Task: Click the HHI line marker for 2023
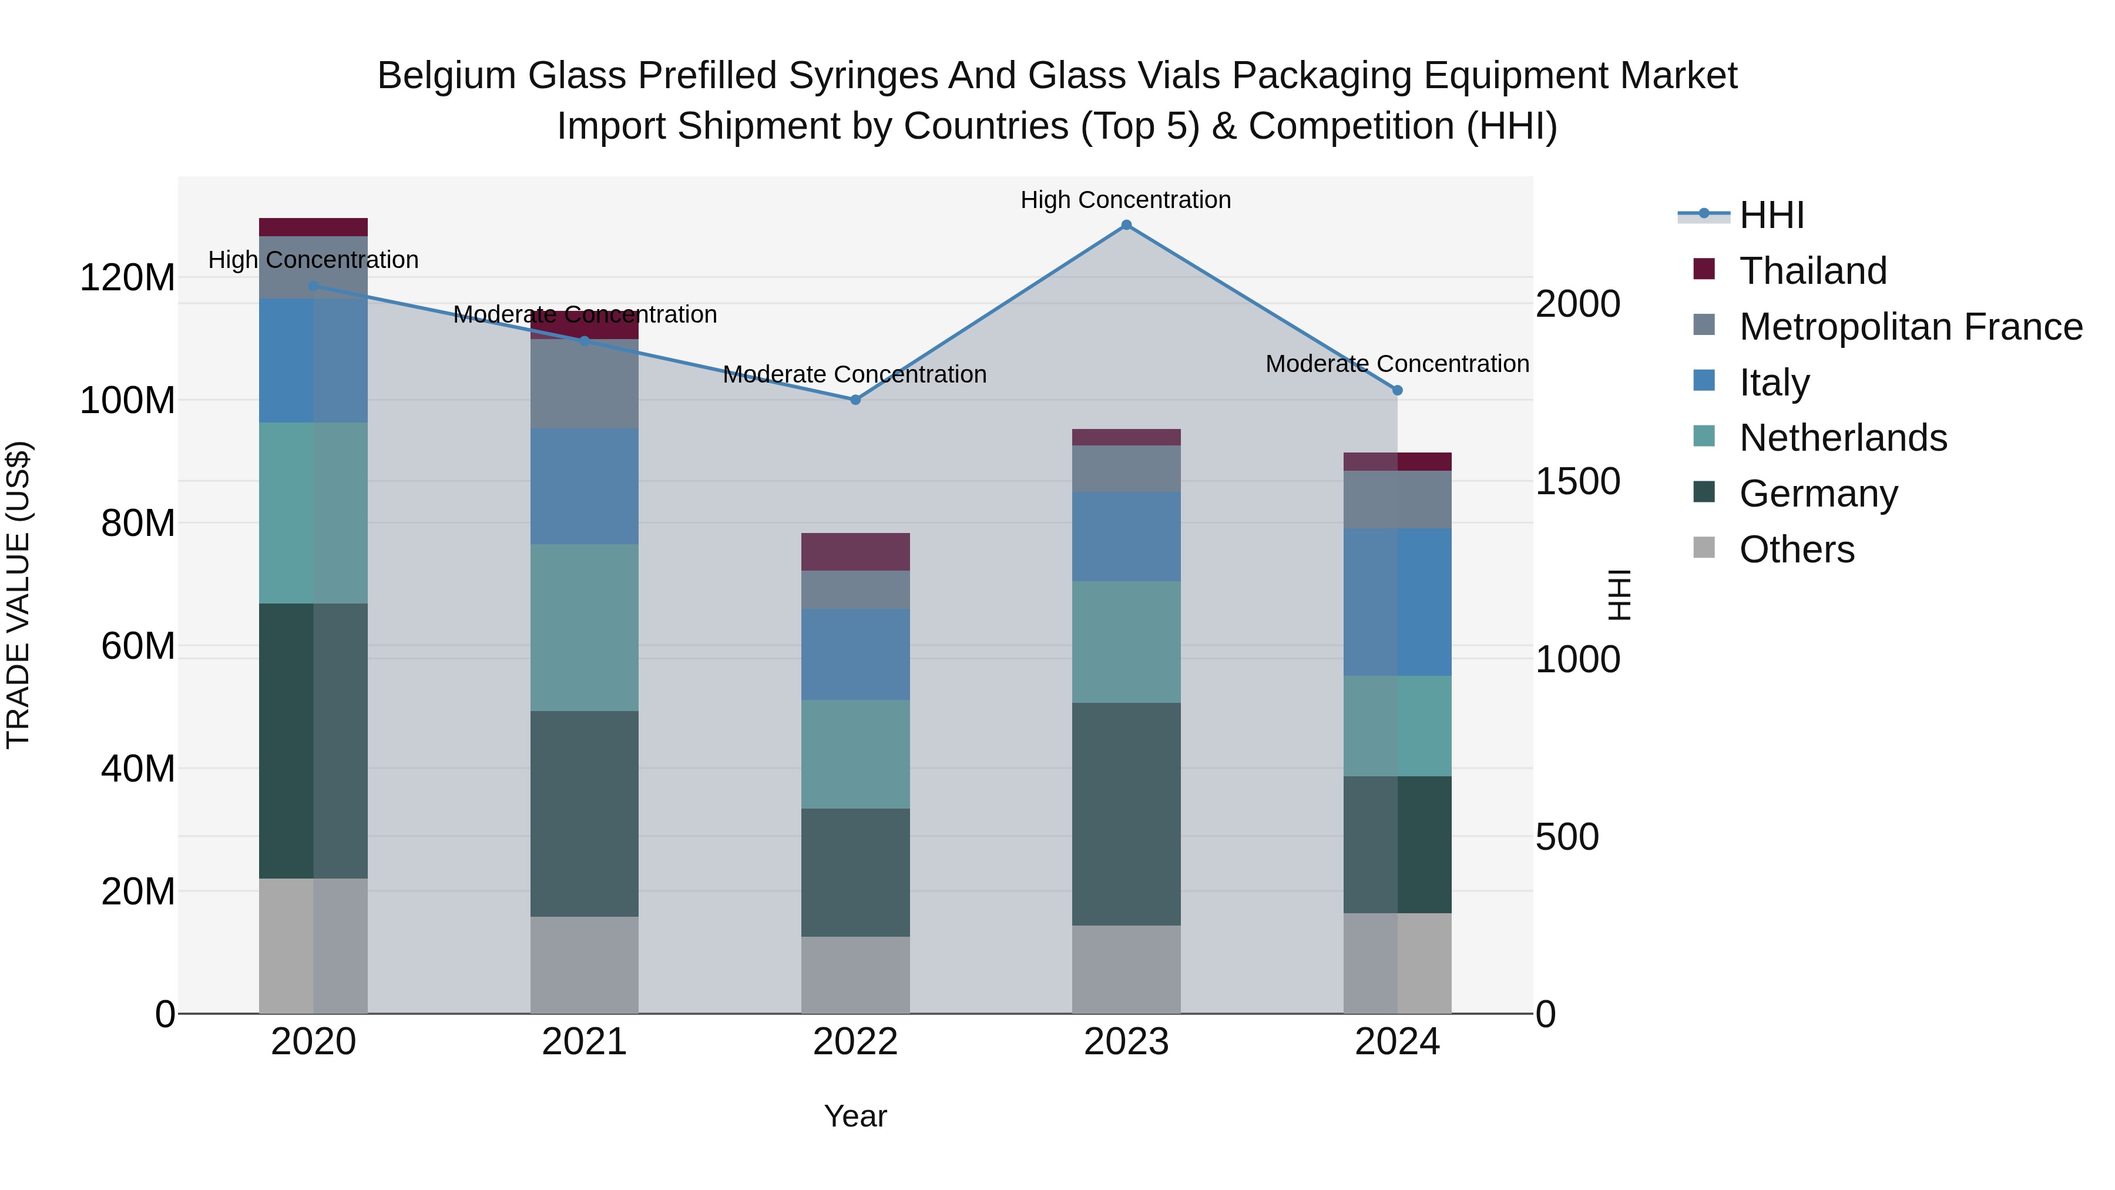tap(1126, 225)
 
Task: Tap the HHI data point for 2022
tap(855, 400)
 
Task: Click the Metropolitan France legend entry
tap(1910, 327)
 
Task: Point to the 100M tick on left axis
tap(127, 401)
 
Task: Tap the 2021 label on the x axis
tap(585, 1042)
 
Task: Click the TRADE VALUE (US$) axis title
tap(18, 595)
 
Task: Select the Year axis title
tap(855, 1116)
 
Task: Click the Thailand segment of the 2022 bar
tap(855, 552)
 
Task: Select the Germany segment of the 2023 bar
tap(1126, 814)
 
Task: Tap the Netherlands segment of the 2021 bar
tap(585, 628)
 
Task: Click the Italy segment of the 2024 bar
tap(1398, 602)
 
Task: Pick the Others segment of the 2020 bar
tap(314, 946)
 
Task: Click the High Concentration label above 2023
tap(1126, 200)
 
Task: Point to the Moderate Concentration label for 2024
tap(1398, 364)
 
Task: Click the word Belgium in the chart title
tap(446, 76)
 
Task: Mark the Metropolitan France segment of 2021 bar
tap(585, 384)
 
